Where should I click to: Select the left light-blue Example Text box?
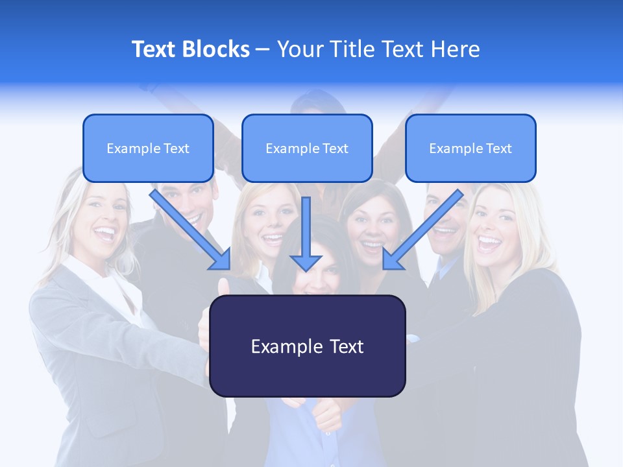pos(148,149)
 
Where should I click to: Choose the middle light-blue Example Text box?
pos(307,149)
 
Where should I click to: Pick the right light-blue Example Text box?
pos(470,149)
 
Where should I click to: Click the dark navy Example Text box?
pos(308,346)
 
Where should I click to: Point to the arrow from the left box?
pos(191,230)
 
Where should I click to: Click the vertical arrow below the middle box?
pos(306,233)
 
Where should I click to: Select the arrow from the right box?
pos(422,230)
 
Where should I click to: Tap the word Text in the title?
pos(154,49)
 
